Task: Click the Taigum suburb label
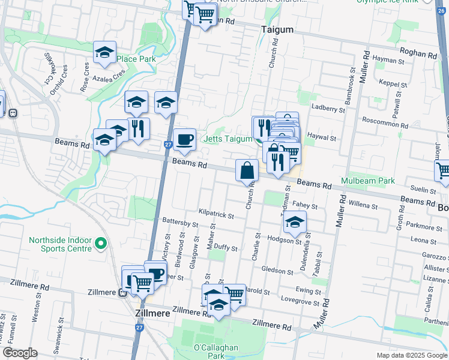pos(277,29)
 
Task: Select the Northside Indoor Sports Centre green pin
pos(101,244)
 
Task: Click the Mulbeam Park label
pos(368,181)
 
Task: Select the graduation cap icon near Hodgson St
pos(295,223)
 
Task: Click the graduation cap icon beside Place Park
pos(104,52)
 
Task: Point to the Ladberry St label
pos(328,109)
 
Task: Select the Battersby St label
pos(180,223)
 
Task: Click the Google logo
pos(20,352)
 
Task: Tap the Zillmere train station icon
pos(122,293)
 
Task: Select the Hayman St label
pos(388,61)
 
